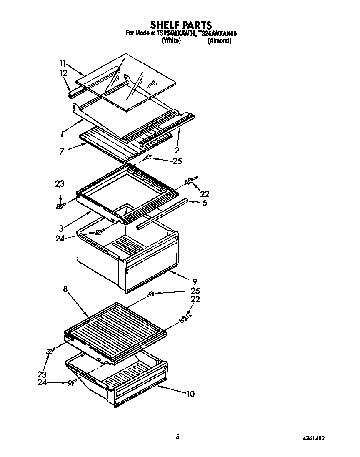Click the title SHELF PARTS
click(x=181, y=25)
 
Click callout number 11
click(x=63, y=63)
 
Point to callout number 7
click(x=62, y=151)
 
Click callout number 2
click(x=177, y=150)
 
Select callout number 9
click(x=195, y=281)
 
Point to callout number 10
click(x=190, y=393)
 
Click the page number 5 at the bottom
click(x=178, y=437)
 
